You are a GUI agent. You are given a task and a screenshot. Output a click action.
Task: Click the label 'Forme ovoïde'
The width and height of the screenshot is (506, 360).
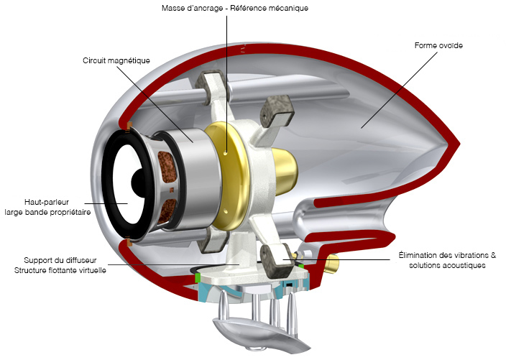point(438,45)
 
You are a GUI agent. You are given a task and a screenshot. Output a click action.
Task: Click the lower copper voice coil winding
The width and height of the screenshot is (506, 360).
point(170,211)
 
